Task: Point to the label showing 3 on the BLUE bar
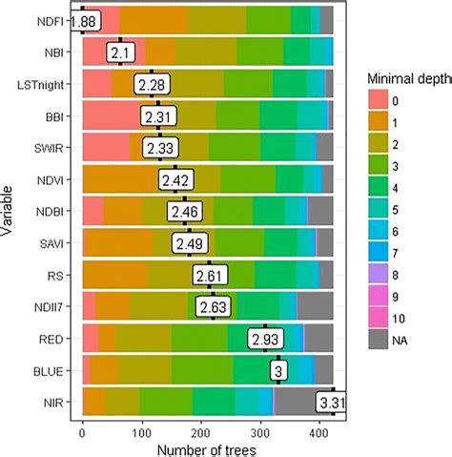pos(277,371)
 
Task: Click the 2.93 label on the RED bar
pos(268,339)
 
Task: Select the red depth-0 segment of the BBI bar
pos(113,116)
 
